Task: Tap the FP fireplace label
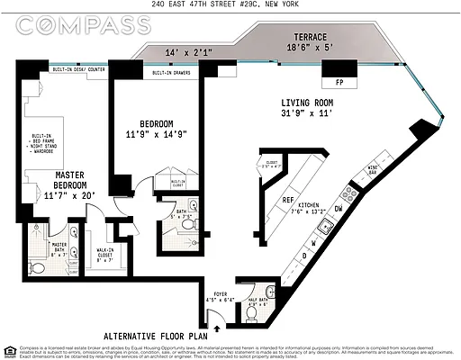pyautogui.click(x=339, y=81)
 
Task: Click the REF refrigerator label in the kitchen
pyautogui.click(x=288, y=201)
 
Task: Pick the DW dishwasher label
pyautogui.click(x=339, y=209)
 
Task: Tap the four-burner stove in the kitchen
pyautogui.click(x=348, y=191)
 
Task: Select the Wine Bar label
pyautogui.click(x=372, y=169)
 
